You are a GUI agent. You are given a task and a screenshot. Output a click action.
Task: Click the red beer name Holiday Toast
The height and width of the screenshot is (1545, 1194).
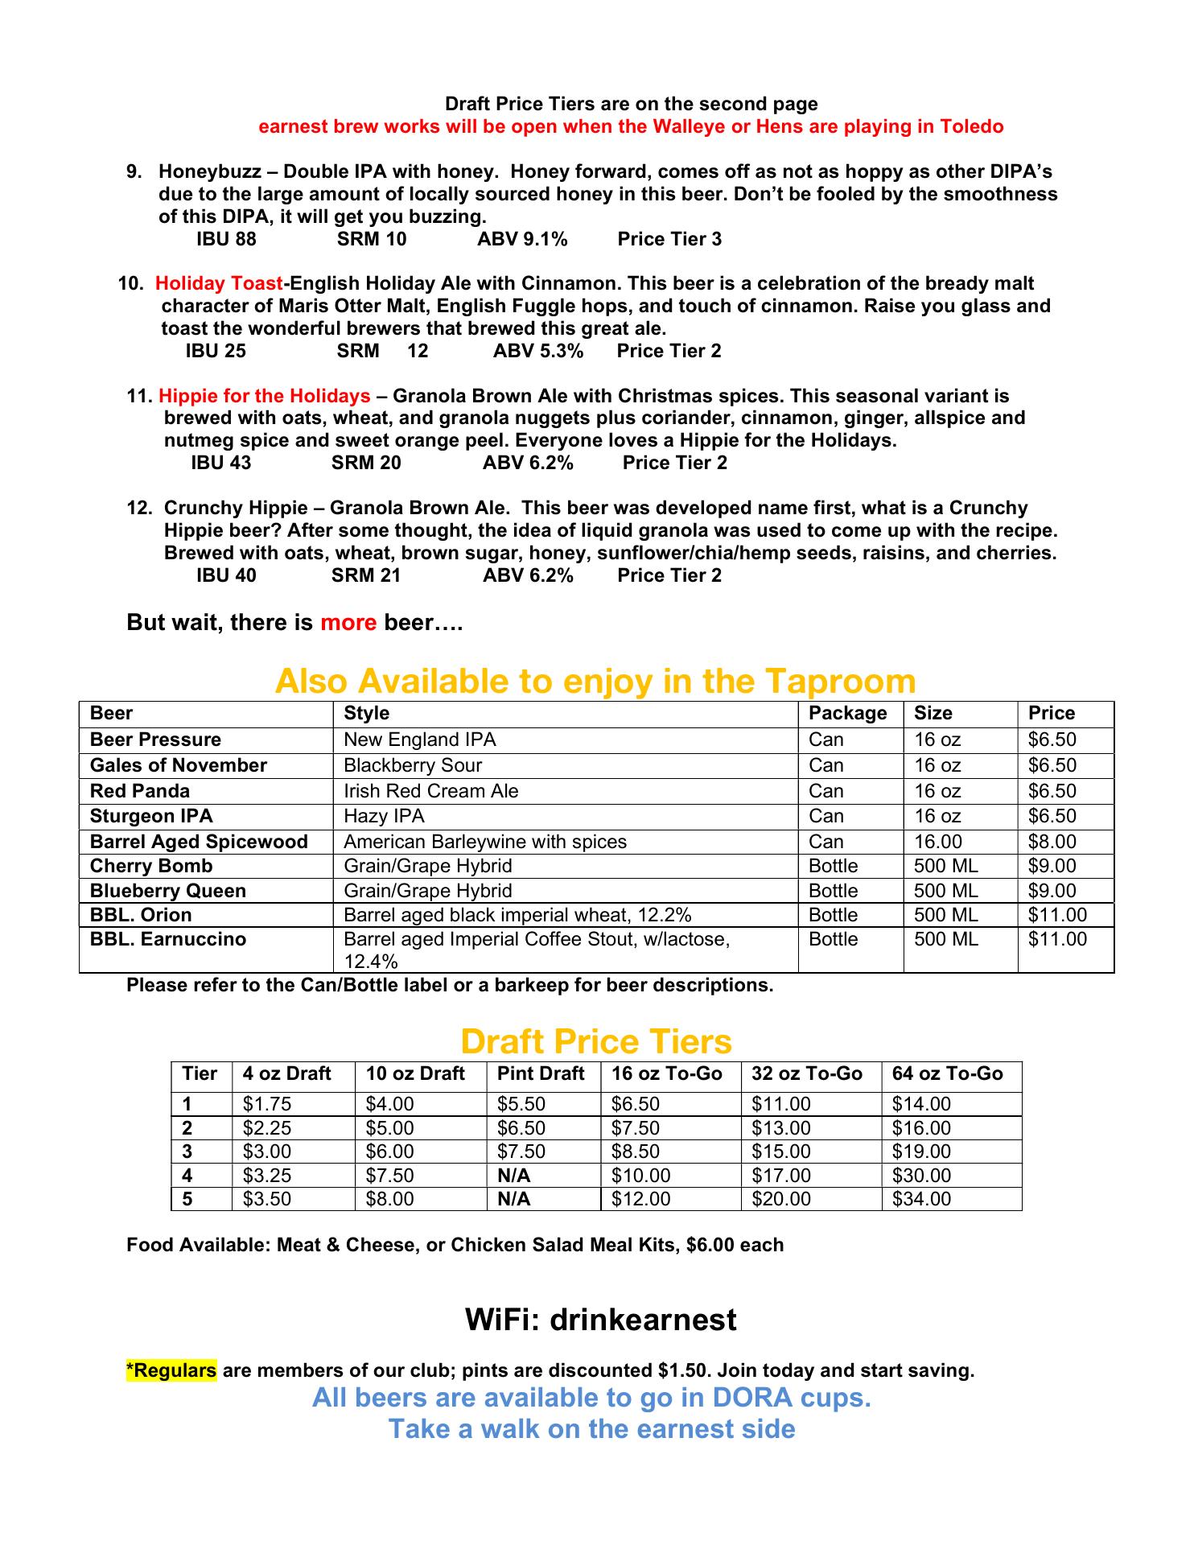click(x=218, y=284)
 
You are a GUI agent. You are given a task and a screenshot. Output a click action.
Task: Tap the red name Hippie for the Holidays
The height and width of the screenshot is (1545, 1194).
click(x=264, y=396)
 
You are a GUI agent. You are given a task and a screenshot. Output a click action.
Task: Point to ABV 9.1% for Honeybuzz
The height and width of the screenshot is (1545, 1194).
click(x=522, y=239)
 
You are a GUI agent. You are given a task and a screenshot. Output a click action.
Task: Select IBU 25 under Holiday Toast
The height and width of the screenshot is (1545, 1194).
click(x=216, y=351)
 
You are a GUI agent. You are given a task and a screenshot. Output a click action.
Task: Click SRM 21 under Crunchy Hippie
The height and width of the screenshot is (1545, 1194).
click(x=366, y=575)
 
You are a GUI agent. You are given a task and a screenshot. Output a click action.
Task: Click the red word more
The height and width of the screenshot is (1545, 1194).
click(x=348, y=623)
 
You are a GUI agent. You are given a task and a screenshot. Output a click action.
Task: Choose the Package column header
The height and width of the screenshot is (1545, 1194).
click(x=847, y=714)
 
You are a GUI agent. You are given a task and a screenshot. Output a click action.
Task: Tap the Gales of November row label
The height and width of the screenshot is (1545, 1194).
click(x=178, y=765)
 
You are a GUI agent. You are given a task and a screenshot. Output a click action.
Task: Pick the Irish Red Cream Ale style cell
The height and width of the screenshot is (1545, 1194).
click(x=430, y=791)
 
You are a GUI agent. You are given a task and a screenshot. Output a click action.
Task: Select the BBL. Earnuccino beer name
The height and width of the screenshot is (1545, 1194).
click(x=168, y=939)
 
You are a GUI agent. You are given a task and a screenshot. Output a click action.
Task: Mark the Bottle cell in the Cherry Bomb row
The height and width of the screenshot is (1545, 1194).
click(x=833, y=866)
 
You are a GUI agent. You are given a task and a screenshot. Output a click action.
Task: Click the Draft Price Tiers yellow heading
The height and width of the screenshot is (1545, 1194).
click(x=596, y=1042)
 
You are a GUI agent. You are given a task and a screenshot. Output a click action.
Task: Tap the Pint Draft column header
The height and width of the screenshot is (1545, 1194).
click(x=541, y=1074)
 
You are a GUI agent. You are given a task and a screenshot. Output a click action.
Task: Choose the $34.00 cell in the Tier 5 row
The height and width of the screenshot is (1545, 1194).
click(x=921, y=1199)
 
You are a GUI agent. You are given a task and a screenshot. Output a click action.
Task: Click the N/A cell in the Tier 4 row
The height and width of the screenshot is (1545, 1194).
click(x=513, y=1176)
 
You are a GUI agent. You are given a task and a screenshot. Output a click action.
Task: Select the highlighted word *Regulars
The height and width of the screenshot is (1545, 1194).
click(x=171, y=1370)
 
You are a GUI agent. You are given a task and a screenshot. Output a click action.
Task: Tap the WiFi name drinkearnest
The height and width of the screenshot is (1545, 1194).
click(x=643, y=1320)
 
